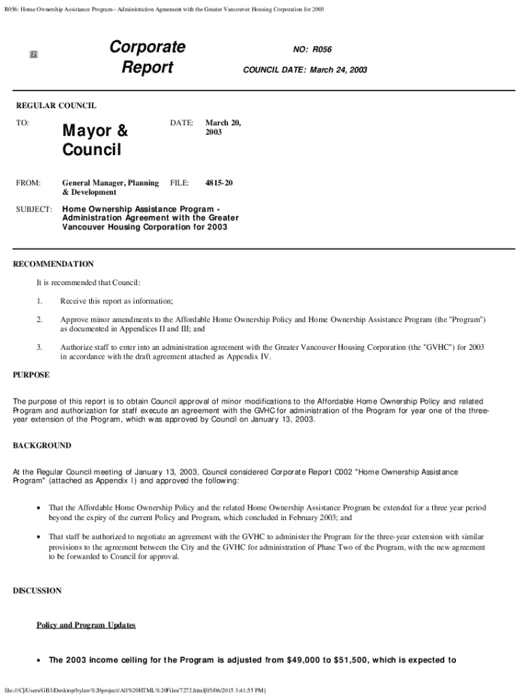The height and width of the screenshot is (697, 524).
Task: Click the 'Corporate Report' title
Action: pyautogui.click(x=147, y=57)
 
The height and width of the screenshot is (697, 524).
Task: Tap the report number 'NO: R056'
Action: pyautogui.click(x=312, y=50)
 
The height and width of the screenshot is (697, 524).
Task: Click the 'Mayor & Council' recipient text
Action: pyautogui.click(x=95, y=139)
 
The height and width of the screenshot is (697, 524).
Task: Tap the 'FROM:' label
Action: pyautogui.click(x=28, y=183)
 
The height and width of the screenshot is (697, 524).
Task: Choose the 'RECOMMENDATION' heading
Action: pyautogui.click(x=54, y=264)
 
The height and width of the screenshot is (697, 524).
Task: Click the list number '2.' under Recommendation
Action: pyautogui.click(x=40, y=319)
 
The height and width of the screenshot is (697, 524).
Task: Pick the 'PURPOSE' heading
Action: pyautogui.click(x=31, y=374)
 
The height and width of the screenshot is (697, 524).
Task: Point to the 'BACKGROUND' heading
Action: pyautogui.click(x=42, y=445)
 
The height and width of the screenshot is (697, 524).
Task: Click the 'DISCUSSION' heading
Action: pyautogui.click(x=37, y=591)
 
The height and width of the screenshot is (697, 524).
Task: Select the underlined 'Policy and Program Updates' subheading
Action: pyautogui.click(x=86, y=625)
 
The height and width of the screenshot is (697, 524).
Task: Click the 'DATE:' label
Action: pyautogui.click(x=182, y=123)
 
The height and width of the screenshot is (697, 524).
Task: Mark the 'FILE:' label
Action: pyautogui.click(x=179, y=183)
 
